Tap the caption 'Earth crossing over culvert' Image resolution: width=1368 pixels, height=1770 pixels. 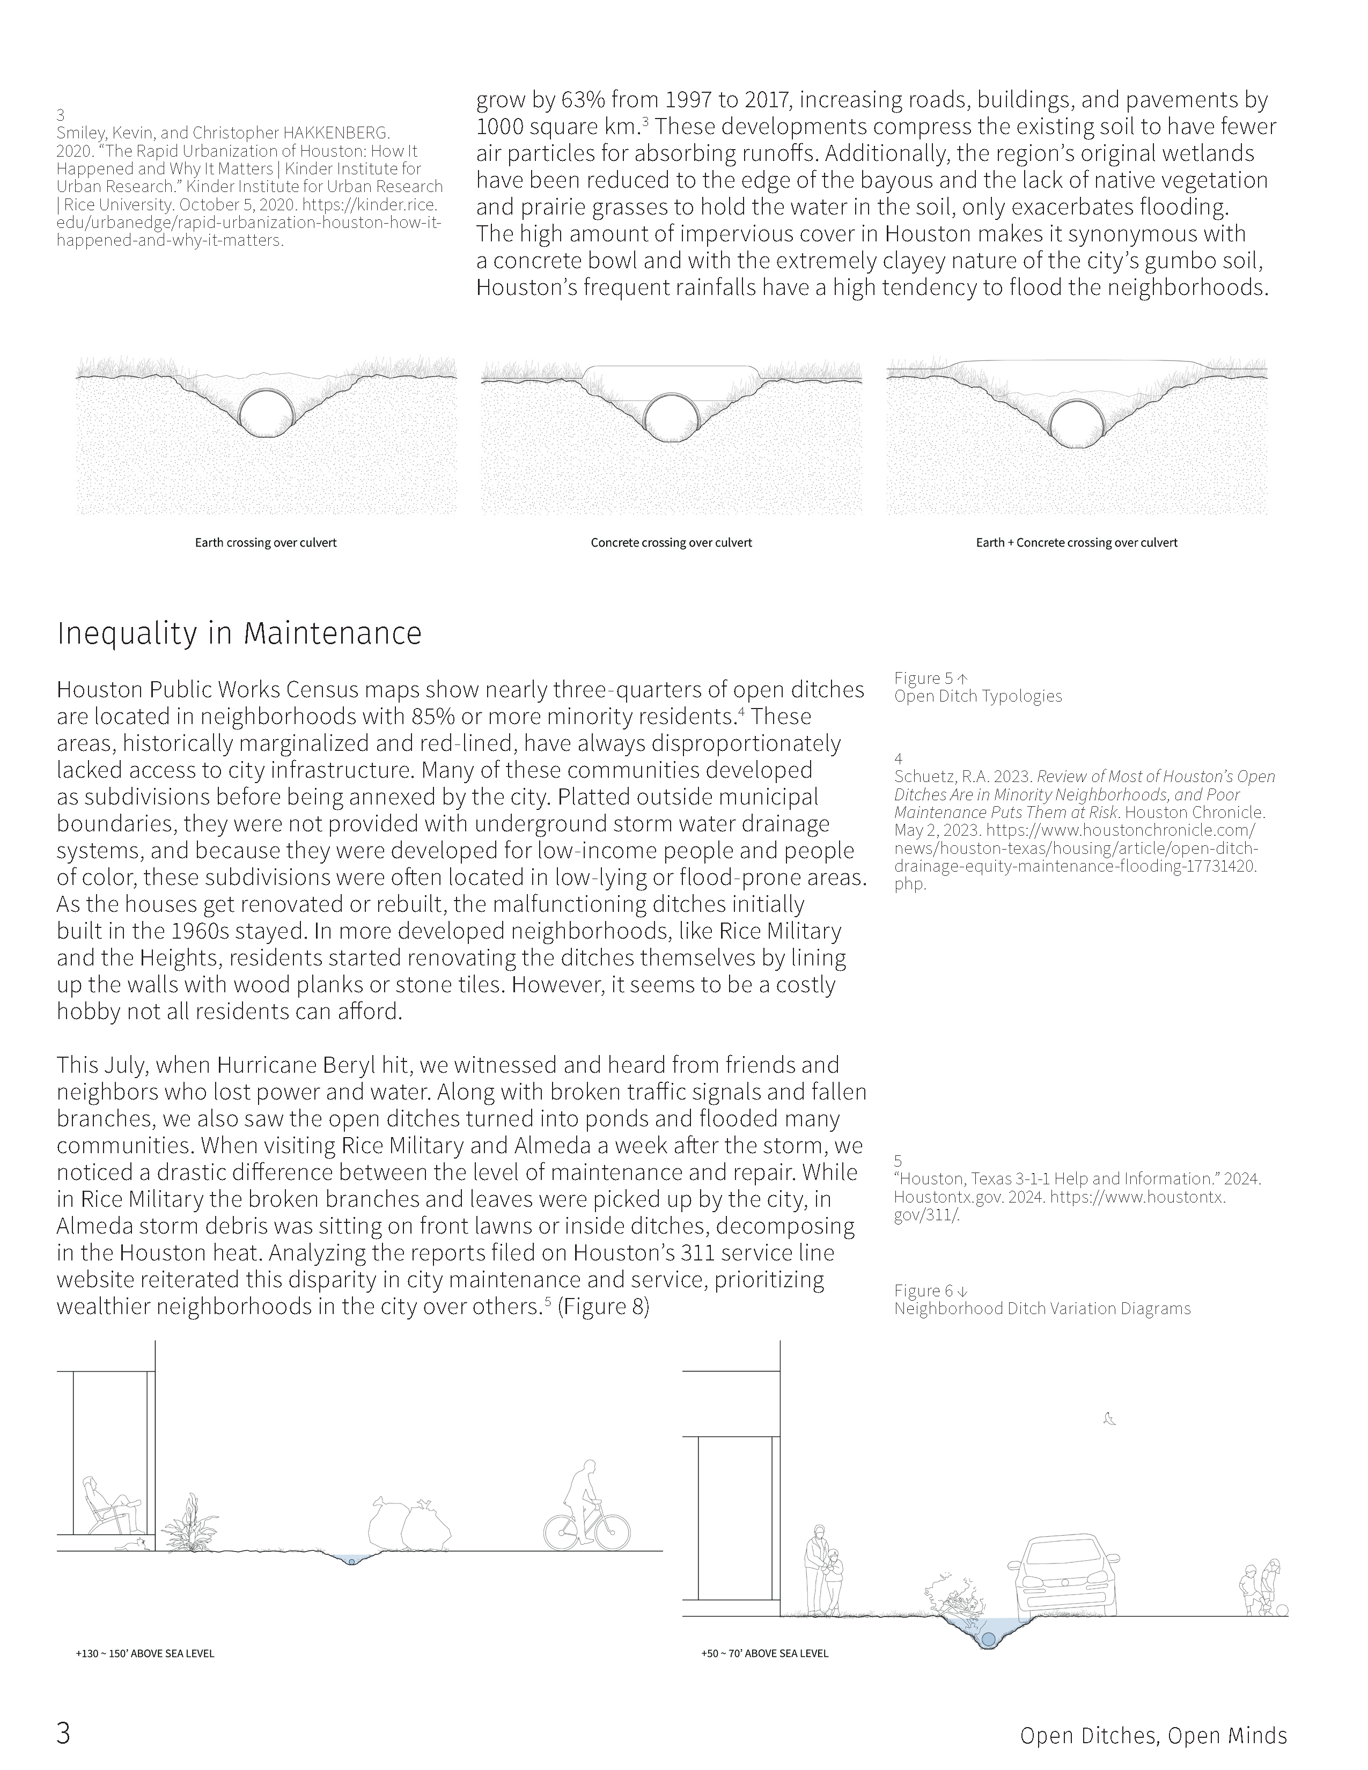(265, 542)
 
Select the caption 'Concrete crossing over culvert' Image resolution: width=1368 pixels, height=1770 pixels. (671, 542)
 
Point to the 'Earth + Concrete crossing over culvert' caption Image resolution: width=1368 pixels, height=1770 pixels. (1076, 542)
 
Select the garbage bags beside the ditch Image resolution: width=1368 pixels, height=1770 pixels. (409, 1524)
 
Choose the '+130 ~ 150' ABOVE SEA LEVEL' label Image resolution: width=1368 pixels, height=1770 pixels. (145, 1653)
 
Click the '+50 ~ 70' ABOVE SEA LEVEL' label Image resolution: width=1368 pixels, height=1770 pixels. (765, 1653)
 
